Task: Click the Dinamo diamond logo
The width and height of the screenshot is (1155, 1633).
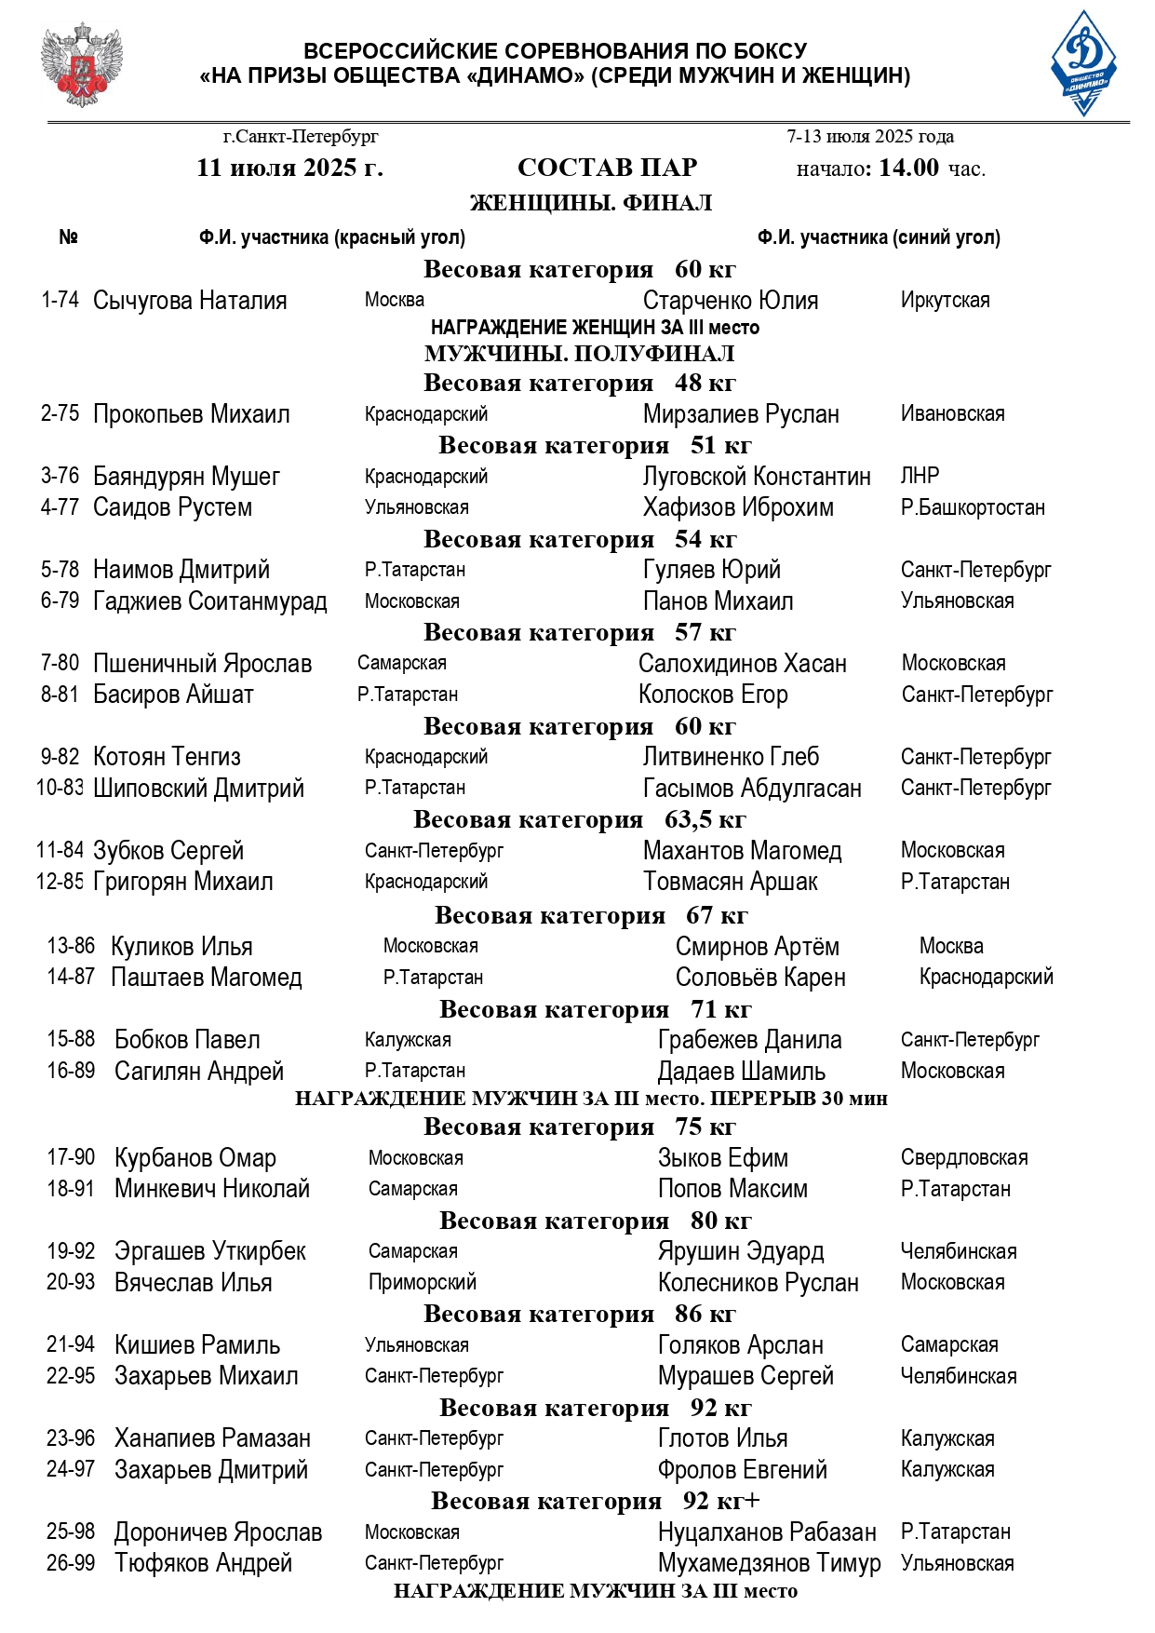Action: pos(1083,63)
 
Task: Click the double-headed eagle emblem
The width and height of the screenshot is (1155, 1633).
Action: pos(82,65)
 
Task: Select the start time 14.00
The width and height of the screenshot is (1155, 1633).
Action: pos(909,168)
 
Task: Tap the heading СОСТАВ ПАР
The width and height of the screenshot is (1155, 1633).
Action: pos(607,168)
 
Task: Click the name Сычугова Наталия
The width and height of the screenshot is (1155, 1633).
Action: pos(190,301)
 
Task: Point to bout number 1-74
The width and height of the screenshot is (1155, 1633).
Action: pos(60,300)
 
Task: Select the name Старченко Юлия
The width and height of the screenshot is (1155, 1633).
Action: pos(731,301)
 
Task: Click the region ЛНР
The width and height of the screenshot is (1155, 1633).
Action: pos(920,476)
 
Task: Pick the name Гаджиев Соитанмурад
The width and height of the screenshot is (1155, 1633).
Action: pos(210,601)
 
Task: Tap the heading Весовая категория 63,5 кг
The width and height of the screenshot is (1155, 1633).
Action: pos(579,820)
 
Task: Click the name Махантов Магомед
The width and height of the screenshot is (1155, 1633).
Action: pos(742,851)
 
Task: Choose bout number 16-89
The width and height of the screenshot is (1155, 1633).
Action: pos(72,1071)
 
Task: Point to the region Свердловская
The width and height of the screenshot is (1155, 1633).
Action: pos(964,1157)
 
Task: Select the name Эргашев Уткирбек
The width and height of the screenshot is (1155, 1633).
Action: pos(210,1251)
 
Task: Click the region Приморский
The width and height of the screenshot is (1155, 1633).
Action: pos(423,1282)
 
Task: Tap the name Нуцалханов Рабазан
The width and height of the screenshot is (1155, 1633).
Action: pos(767,1532)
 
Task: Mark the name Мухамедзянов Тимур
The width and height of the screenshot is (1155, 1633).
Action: pos(769,1563)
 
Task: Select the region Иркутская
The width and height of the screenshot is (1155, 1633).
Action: pos(945,300)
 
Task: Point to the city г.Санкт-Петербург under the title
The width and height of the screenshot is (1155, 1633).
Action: pos(301,137)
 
